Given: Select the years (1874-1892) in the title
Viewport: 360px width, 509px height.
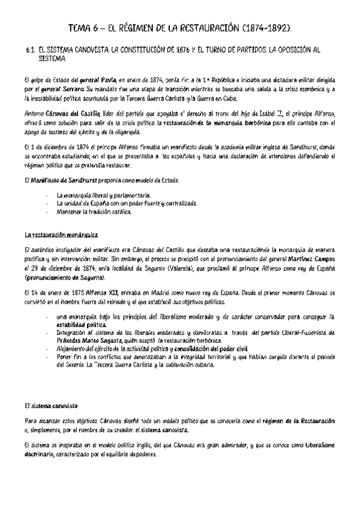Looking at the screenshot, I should tap(265, 28).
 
